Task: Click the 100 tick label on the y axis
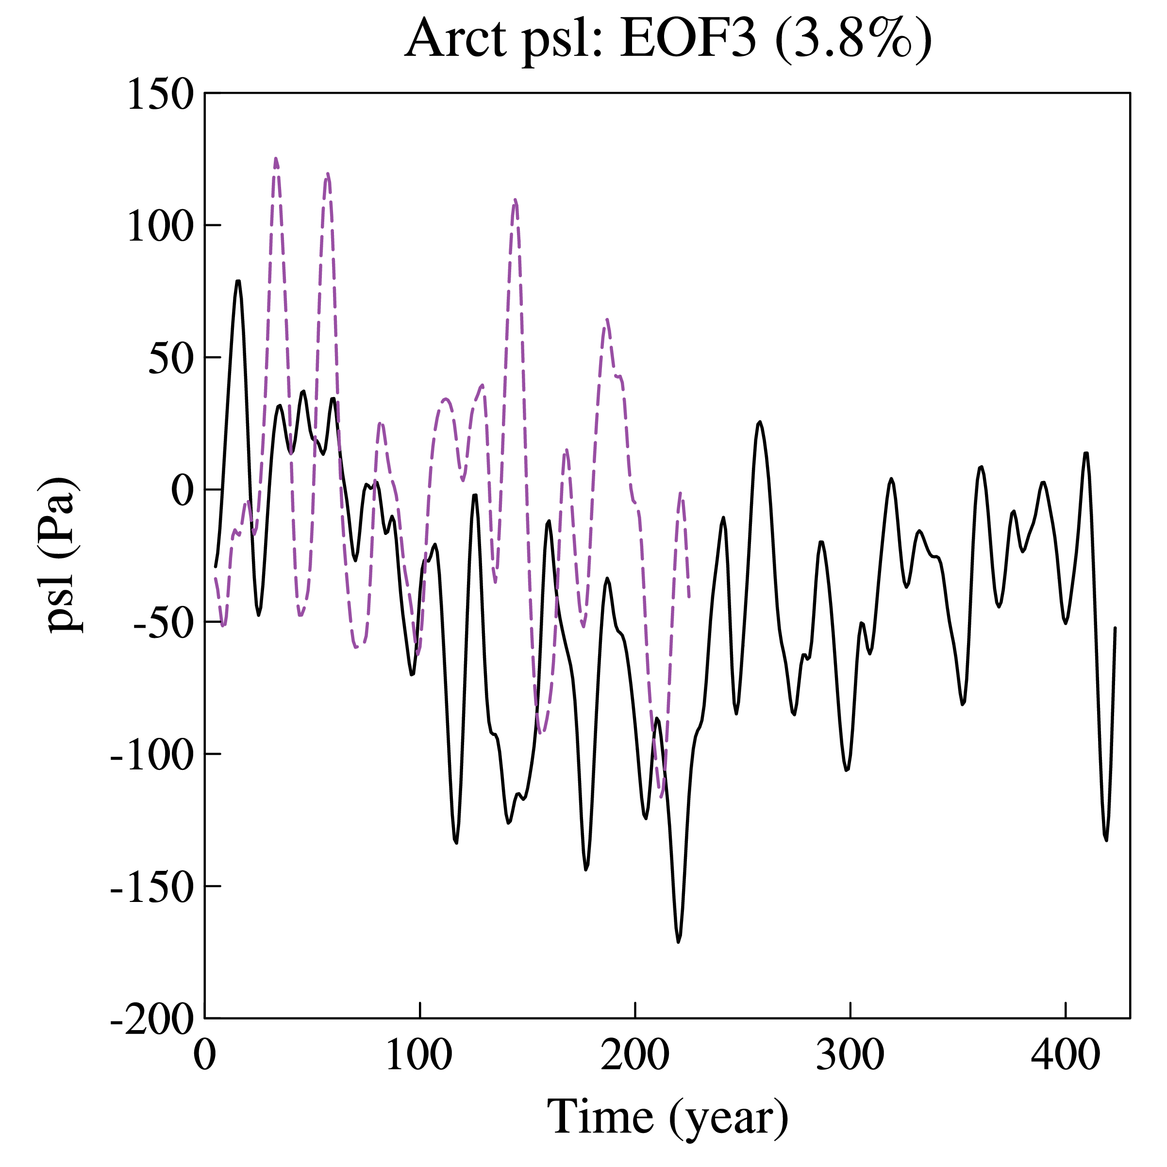pos(160,227)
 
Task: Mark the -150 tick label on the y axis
pos(152,888)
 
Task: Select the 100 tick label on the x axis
pos(419,1055)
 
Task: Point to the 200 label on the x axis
pos(635,1055)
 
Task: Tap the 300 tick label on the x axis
pos(850,1055)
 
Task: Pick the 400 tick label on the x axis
pos(1066,1055)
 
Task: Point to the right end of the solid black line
pos(1115,628)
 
